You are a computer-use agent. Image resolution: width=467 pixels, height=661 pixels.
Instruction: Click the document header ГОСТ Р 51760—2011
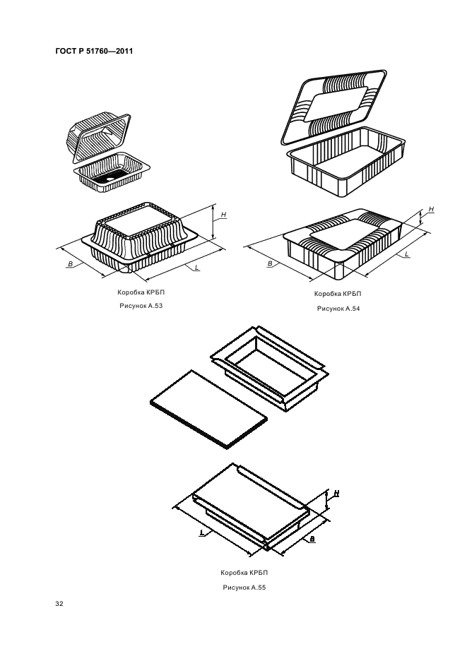tap(94, 52)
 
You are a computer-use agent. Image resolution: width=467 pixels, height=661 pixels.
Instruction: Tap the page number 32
tap(59, 604)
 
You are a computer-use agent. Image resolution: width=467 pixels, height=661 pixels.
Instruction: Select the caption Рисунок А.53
tap(141, 306)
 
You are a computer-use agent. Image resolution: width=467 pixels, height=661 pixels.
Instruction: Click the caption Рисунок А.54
tap(338, 309)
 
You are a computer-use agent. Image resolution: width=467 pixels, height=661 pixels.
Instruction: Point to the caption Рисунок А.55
tap(244, 588)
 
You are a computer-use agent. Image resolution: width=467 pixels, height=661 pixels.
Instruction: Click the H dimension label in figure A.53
tap(223, 215)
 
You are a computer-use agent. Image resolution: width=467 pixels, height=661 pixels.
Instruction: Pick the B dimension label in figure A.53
tap(71, 264)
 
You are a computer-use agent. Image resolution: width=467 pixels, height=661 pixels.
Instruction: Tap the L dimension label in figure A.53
tap(197, 268)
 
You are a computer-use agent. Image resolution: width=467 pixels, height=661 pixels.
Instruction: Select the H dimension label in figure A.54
tap(431, 209)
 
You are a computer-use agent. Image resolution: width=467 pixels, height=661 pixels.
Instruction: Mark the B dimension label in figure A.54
tap(270, 264)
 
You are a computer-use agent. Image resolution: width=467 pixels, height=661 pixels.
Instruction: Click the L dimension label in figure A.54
tap(406, 254)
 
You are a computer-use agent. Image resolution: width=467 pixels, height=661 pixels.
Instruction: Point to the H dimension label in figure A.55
tap(336, 493)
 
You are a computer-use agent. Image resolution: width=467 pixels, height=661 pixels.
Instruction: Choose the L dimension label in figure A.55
tap(202, 533)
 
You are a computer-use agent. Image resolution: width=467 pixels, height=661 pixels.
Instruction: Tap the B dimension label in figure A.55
tap(312, 539)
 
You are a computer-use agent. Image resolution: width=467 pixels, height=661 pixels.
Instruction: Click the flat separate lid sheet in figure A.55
tap(209, 410)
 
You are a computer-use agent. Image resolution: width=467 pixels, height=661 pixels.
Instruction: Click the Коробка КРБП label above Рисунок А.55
tap(244, 573)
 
